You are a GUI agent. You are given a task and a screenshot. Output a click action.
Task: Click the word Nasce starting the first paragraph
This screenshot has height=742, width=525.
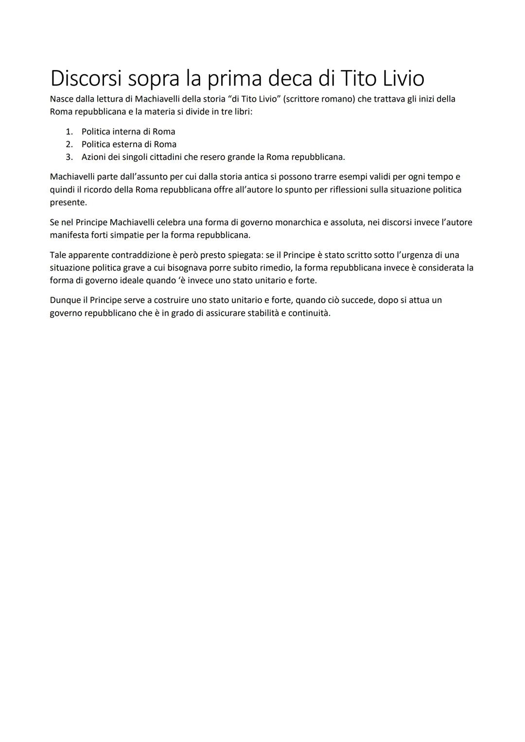tap(62, 99)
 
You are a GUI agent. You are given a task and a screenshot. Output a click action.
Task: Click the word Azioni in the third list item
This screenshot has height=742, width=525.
tap(94, 157)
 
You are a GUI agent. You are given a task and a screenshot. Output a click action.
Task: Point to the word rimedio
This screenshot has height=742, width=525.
tap(276, 268)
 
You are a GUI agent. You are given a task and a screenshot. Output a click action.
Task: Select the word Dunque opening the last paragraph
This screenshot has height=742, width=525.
tap(65, 300)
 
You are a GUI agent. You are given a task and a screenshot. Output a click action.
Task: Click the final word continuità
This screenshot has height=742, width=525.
tap(309, 313)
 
